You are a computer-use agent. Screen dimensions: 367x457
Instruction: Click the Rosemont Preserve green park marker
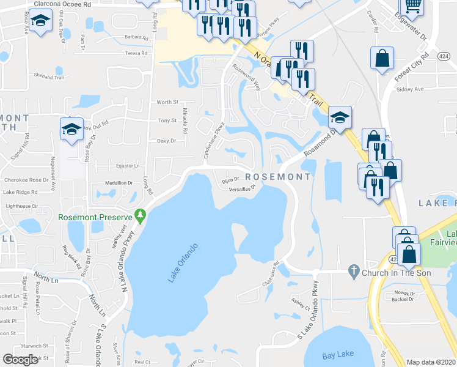(141, 216)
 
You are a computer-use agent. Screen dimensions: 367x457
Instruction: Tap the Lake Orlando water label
(183, 263)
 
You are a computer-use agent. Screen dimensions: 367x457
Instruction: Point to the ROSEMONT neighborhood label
(277, 177)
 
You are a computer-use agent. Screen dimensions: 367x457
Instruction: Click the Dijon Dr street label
(229, 180)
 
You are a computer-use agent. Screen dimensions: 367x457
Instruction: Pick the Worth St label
(167, 102)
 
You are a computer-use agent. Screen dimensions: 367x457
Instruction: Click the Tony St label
(167, 121)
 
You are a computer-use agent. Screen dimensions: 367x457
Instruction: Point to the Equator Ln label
(128, 166)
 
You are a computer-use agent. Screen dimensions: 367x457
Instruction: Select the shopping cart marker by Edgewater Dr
(414, 6)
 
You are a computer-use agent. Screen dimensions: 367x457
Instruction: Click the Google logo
(20, 360)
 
